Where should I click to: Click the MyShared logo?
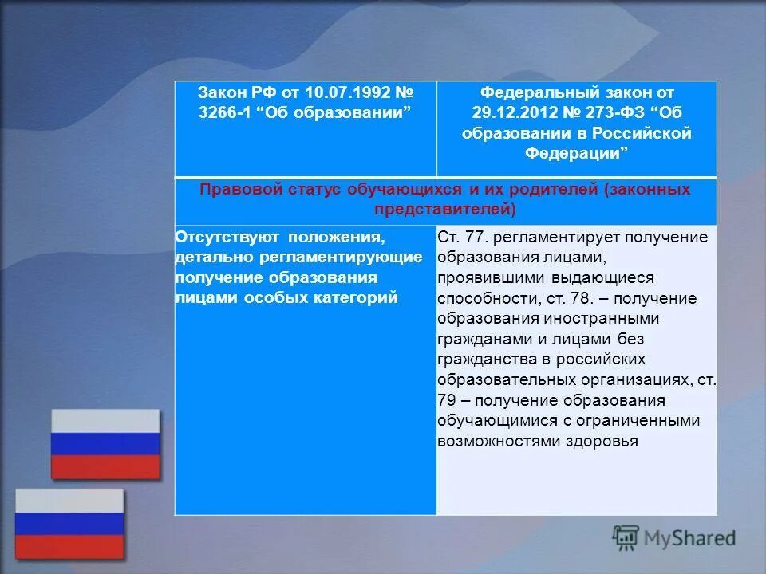click(x=674, y=537)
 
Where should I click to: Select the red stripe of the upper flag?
click(x=105, y=467)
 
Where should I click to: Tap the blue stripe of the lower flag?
click(x=69, y=524)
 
